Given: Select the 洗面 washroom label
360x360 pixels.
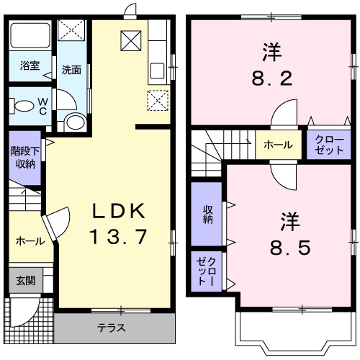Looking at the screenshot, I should tap(71, 71).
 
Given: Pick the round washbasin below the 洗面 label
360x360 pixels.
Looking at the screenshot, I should tap(73, 121).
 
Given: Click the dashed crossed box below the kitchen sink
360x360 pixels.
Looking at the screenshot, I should tap(158, 101).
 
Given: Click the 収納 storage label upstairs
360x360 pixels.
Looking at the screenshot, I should tap(207, 214).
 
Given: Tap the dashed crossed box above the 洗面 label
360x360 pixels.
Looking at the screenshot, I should tap(71, 32).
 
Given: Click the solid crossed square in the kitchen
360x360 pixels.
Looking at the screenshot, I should tap(130, 41).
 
